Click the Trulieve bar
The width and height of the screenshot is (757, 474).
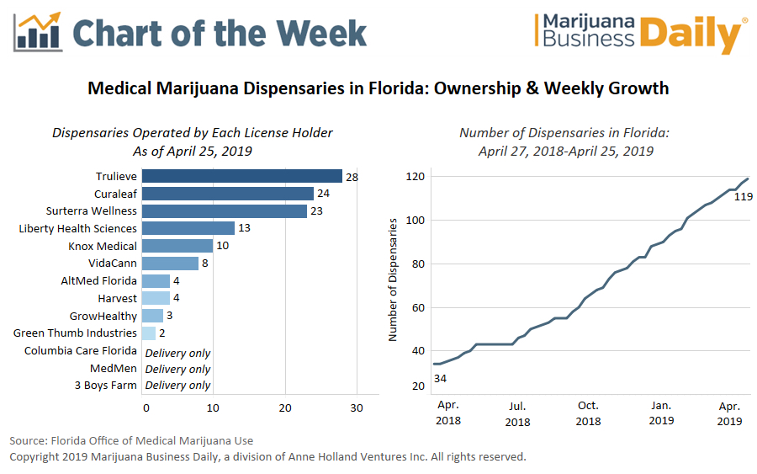click(242, 176)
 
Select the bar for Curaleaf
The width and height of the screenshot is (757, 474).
click(227, 193)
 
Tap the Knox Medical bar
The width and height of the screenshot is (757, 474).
click(177, 246)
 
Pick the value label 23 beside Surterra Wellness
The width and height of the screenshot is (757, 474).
click(316, 210)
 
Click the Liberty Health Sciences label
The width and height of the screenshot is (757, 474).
click(77, 228)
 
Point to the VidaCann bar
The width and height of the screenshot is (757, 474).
click(170, 264)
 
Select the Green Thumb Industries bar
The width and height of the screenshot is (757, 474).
click(149, 333)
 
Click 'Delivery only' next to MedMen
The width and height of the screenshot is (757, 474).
click(177, 369)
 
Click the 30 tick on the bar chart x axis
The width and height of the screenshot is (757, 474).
click(357, 408)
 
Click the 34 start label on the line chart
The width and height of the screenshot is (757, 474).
click(440, 378)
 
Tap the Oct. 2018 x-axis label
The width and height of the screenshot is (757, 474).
click(588, 413)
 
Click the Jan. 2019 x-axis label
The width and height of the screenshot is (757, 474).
click(660, 413)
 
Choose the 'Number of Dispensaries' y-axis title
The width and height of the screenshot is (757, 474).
click(392, 280)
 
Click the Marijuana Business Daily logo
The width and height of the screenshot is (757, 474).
click(640, 34)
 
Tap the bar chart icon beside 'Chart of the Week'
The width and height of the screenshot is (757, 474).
click(38, 31)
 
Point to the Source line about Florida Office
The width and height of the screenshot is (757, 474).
click(131, 440)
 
